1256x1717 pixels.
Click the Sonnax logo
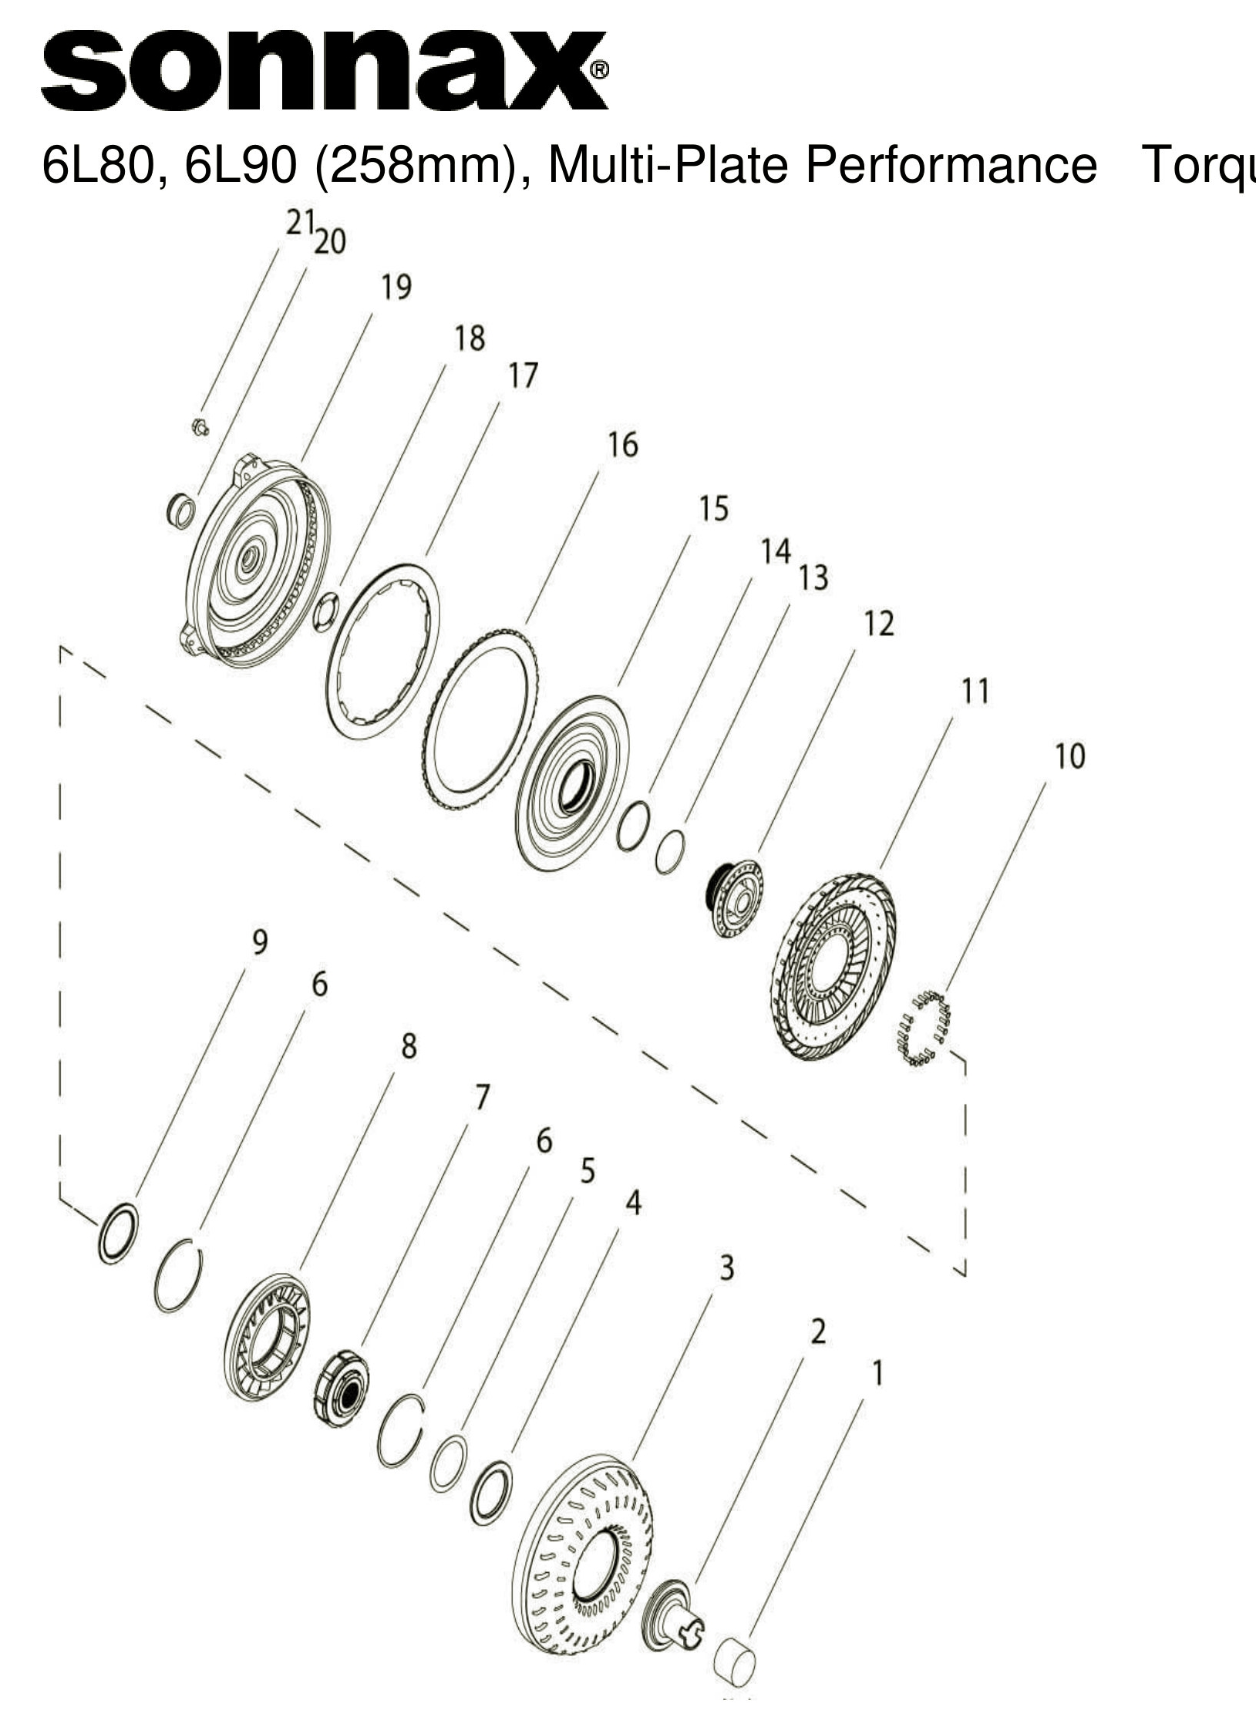point(324,71)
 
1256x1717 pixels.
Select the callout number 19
point(396,288)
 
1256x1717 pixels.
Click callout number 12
point(878,623)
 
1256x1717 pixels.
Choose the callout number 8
point(409,1046)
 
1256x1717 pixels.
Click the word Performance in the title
point(951,164)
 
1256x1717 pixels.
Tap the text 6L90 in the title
point(241,166)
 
